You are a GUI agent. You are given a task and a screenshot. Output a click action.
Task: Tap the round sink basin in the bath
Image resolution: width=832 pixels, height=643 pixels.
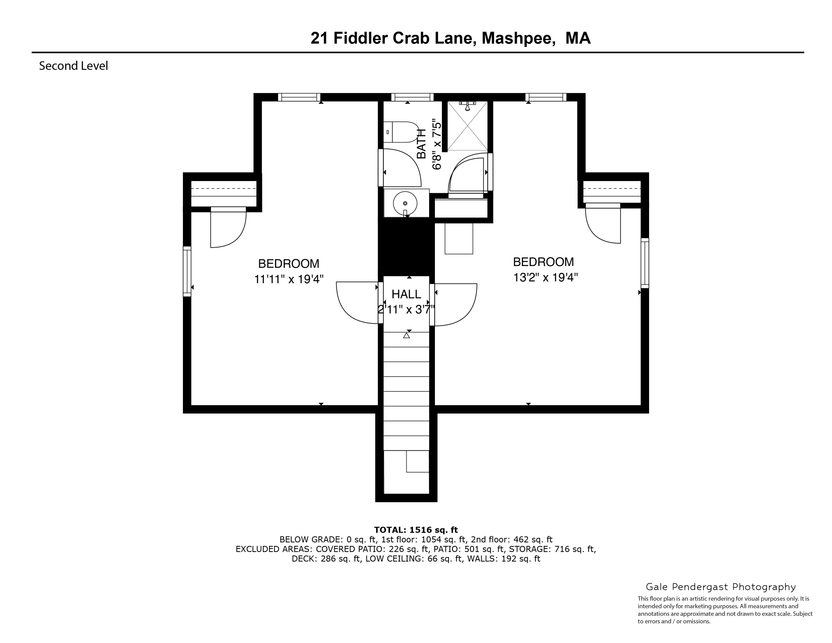pyautogui.click(x=405, y=203)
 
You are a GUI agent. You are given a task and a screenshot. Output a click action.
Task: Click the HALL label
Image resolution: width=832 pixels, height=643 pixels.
pyautogui.click(x=406, y=294)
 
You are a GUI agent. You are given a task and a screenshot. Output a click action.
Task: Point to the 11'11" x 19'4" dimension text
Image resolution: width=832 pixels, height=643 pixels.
pyautogui.click(x=289, y=279)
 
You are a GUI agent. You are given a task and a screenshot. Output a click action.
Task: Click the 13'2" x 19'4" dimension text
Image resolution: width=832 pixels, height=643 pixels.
pyautogui.click(x=545, y=277)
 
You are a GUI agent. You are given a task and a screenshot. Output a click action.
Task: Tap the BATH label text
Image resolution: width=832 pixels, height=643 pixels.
pyautogui.click(x=421, y=144)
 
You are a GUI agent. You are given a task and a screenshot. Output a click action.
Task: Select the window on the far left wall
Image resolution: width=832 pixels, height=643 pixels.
pyautogui.click(x=187, y=271)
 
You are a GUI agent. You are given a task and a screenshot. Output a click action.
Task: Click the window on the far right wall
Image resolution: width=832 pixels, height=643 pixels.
pyautogui.click(x=645, y=263)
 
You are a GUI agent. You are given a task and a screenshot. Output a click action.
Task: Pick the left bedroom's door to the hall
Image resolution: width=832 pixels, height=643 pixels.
pyautogui.click(x=356, y=303)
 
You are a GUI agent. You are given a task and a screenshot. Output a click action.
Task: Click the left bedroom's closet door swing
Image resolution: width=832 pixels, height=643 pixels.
pyautogui.click(x=229, y=229)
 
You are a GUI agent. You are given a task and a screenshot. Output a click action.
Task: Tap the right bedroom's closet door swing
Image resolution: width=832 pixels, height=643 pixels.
pyautogui.click(x=603, y=225)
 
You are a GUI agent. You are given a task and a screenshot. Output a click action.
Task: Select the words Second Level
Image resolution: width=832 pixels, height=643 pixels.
pyautogui.click(x=73, y=66)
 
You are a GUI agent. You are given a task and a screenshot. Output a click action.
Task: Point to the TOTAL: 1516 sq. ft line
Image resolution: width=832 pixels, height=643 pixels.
pyautogui.click(x=416, y=530)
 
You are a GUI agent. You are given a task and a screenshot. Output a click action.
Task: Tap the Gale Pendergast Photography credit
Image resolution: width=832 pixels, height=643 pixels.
pyautogui.click(x=721, y=587)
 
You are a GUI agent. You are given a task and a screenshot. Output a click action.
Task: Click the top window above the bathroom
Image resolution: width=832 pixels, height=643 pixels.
pyautogui.click(x=412, y=97)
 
